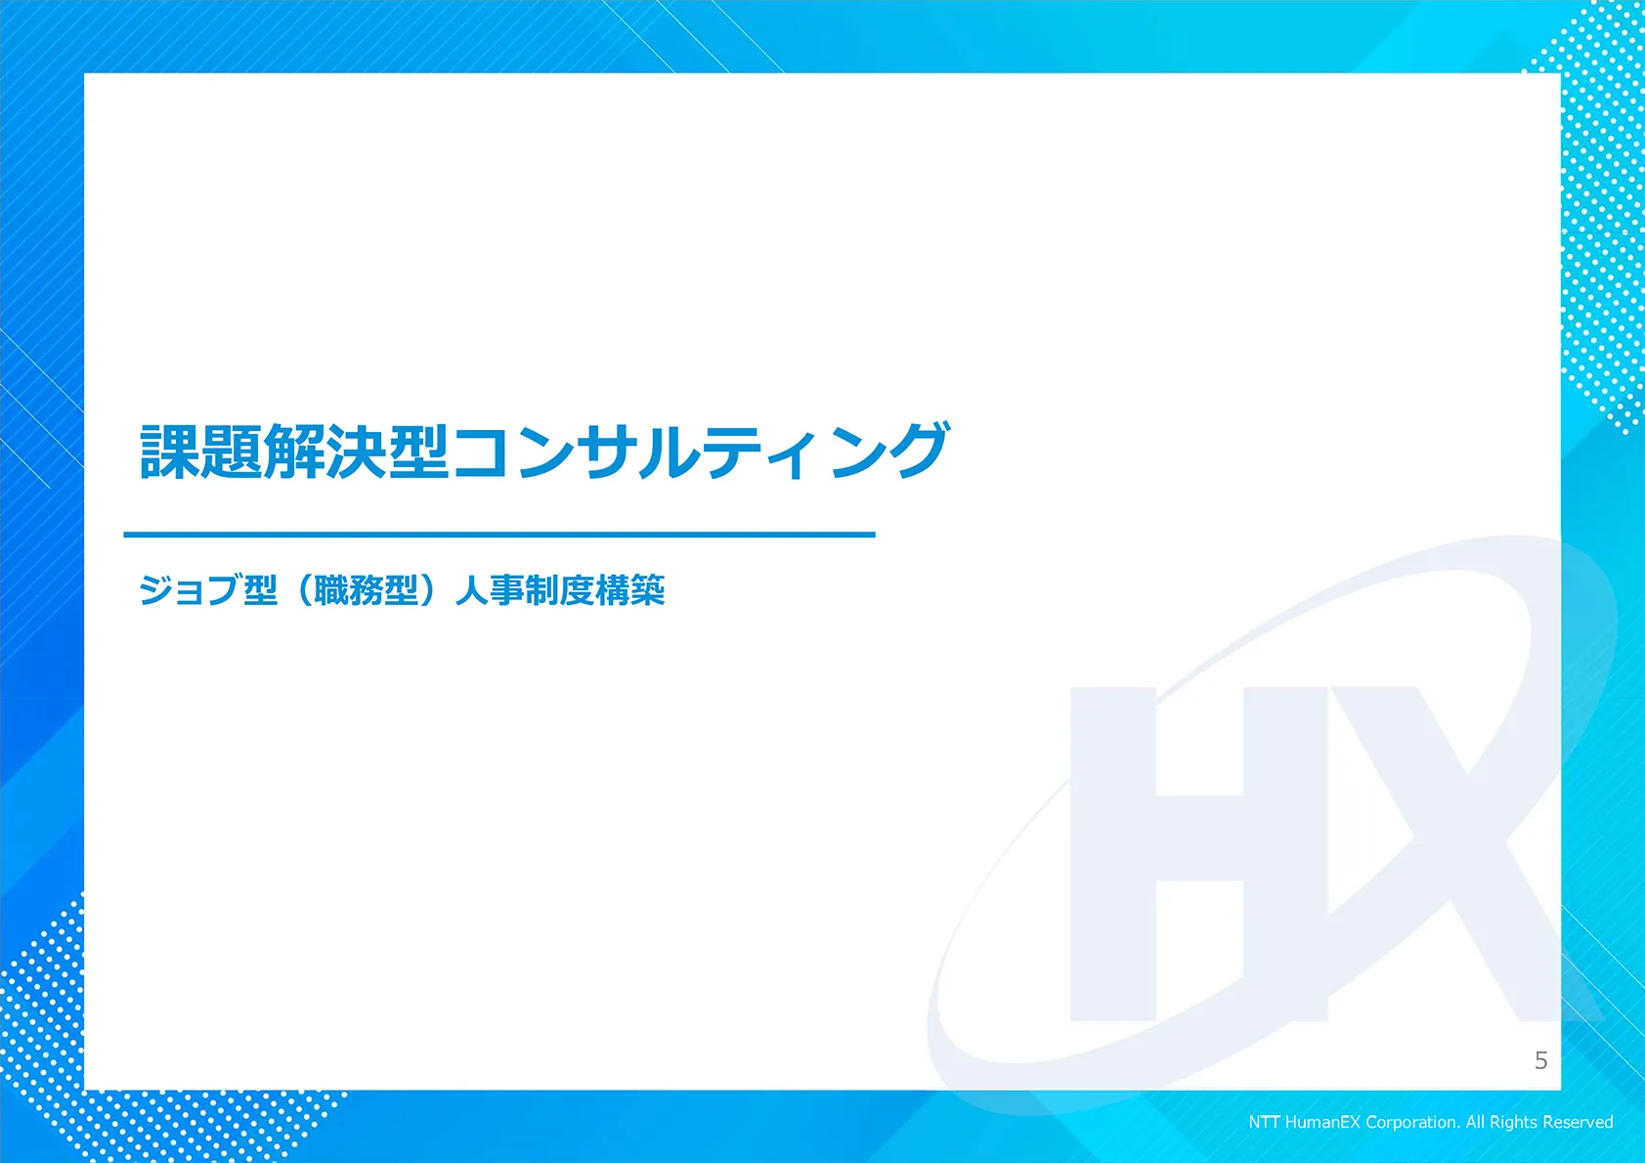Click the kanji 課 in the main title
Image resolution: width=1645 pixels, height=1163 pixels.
[170, 451]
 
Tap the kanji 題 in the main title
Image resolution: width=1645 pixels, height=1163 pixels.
[232, 451]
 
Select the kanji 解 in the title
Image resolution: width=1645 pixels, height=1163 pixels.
[294, 451]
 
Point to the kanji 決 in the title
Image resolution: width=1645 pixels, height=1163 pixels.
[356, 451]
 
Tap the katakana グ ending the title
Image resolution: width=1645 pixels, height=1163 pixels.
[917, 451]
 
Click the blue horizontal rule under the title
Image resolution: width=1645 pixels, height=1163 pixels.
[499, 535]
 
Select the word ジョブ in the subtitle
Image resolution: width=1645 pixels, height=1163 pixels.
[190, 590]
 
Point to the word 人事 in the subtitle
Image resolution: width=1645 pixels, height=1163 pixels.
[490, 590]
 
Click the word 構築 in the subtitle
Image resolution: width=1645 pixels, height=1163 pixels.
[630, 590]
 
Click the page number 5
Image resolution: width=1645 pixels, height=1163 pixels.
[1540, 1060]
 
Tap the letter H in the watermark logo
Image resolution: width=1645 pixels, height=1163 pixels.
[1199, 854]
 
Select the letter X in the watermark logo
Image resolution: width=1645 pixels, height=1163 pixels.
[1461, 854]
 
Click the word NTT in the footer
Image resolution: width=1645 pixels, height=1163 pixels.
[1264, 1122]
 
